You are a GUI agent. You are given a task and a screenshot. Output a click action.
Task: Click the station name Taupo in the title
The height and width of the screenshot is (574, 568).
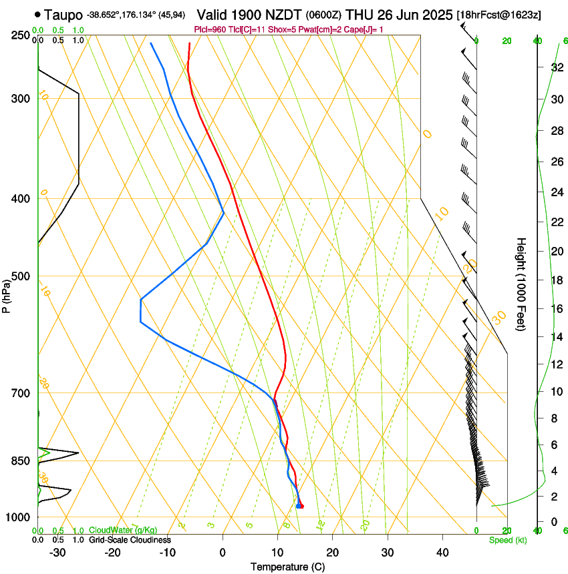[x=63, y=15]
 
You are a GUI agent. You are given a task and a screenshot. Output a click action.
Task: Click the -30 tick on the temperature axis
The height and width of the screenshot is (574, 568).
[x=57, y=552]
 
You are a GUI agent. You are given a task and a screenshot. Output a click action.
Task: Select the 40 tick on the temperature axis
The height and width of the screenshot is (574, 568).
[x=442, y=552]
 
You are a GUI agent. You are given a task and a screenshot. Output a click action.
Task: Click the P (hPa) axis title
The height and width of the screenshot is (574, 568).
[x=6, y=294]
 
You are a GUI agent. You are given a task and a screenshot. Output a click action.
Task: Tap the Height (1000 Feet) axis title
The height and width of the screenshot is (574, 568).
[x=521, y=284]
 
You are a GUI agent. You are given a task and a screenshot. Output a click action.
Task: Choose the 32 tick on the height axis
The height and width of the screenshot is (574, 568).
[x=555, y=67]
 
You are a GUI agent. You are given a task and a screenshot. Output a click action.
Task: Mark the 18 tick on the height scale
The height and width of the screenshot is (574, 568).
[x=555, y=280]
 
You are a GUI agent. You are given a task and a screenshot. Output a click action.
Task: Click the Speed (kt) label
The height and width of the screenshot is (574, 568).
[x=507, y=540]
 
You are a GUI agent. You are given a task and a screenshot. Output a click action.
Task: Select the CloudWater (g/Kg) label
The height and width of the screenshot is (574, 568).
[x=124, y=531]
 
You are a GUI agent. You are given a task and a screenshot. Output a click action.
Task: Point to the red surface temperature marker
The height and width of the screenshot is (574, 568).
[x=301, y=506]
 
